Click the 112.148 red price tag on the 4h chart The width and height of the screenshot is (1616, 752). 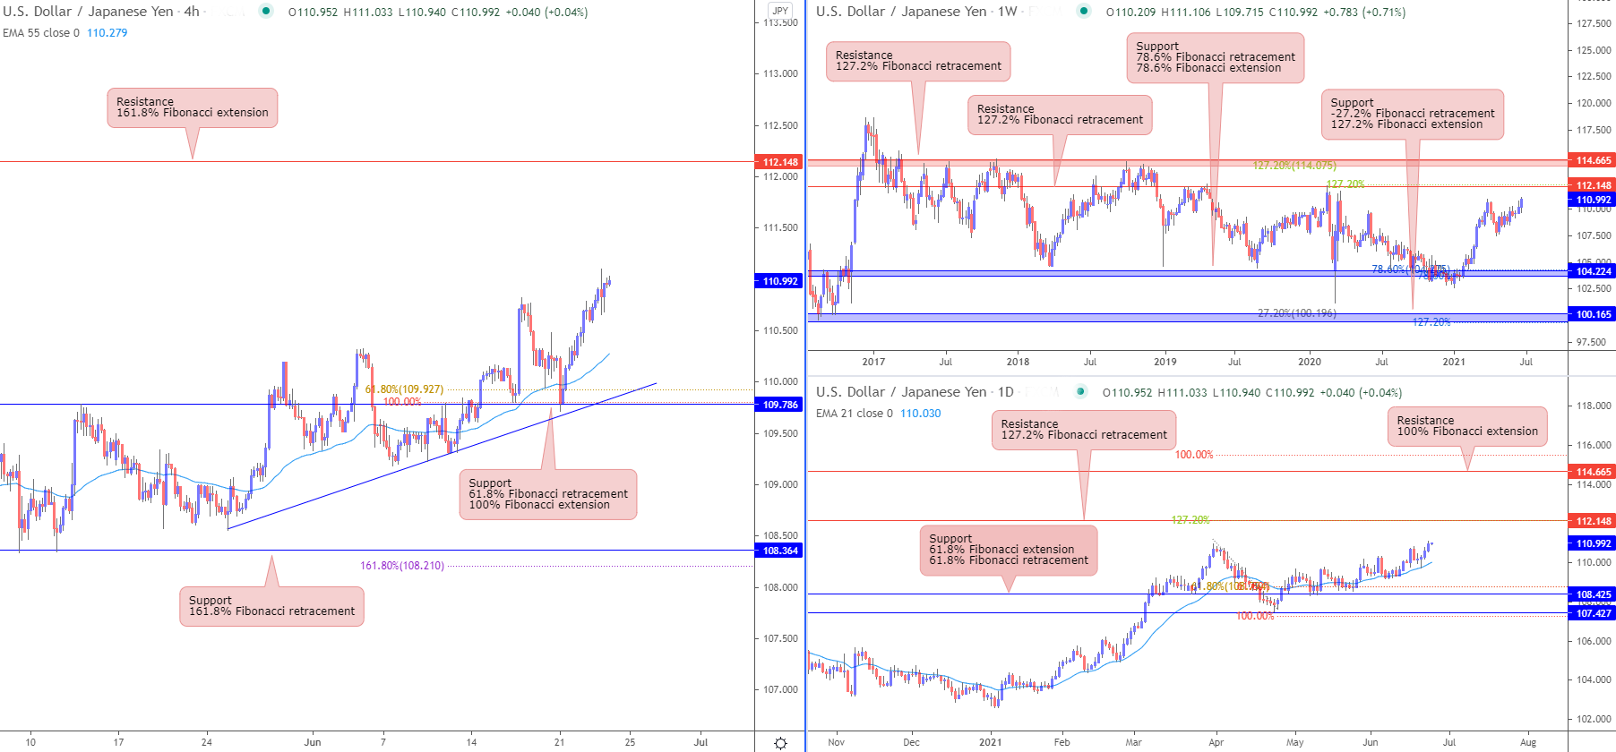pyautogui.click(x=778, y=162)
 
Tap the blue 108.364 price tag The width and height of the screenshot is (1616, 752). pyautogui.click(x=778, y=551)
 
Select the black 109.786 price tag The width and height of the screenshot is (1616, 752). pyautogui.click(x=778, y=405)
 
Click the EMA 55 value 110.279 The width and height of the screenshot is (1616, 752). pyautogui.click(x=107, y=33)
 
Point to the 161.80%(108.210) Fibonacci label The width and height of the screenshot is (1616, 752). pyautogui.click(x=402, y=566)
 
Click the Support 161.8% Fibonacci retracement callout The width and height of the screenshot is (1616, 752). pyautogui.click(x=271, y=606)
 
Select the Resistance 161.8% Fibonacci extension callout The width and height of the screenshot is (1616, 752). pyautogui.click(x=192, y=107)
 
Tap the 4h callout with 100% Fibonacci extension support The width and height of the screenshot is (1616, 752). pyautogui.click(x=548, y=494)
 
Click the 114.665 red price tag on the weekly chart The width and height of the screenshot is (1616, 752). pyautogui.click(x=1592, y=160)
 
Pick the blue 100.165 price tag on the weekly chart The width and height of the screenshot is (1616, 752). pyautogui.click(x=1592, y=314)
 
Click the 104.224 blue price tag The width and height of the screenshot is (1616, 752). pyautogui.click(x=1592, y=271)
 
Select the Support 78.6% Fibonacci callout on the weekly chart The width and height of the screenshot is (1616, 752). pyautogui.click(x=1215, y=57)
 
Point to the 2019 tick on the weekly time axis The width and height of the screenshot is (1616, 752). pyautogui.click(x=1165, y=362)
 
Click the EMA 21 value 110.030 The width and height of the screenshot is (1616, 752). pyautogui.click(x=920, y=414)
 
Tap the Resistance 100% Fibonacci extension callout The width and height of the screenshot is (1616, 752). pyautogui.click(x=1466, y=426)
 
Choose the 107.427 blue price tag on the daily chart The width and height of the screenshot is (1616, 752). pyautogui.click(x=1592, y=613)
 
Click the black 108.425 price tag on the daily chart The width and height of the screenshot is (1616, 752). pyautogui.click(x=1592, y=594)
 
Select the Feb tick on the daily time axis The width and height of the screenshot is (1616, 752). pyautogui.click(x=1062, y=742)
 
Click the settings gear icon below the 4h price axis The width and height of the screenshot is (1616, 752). pyautogui.click(x=780, y=743)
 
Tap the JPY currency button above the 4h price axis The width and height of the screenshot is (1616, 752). pyautogui.click(x=780, y=11)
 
